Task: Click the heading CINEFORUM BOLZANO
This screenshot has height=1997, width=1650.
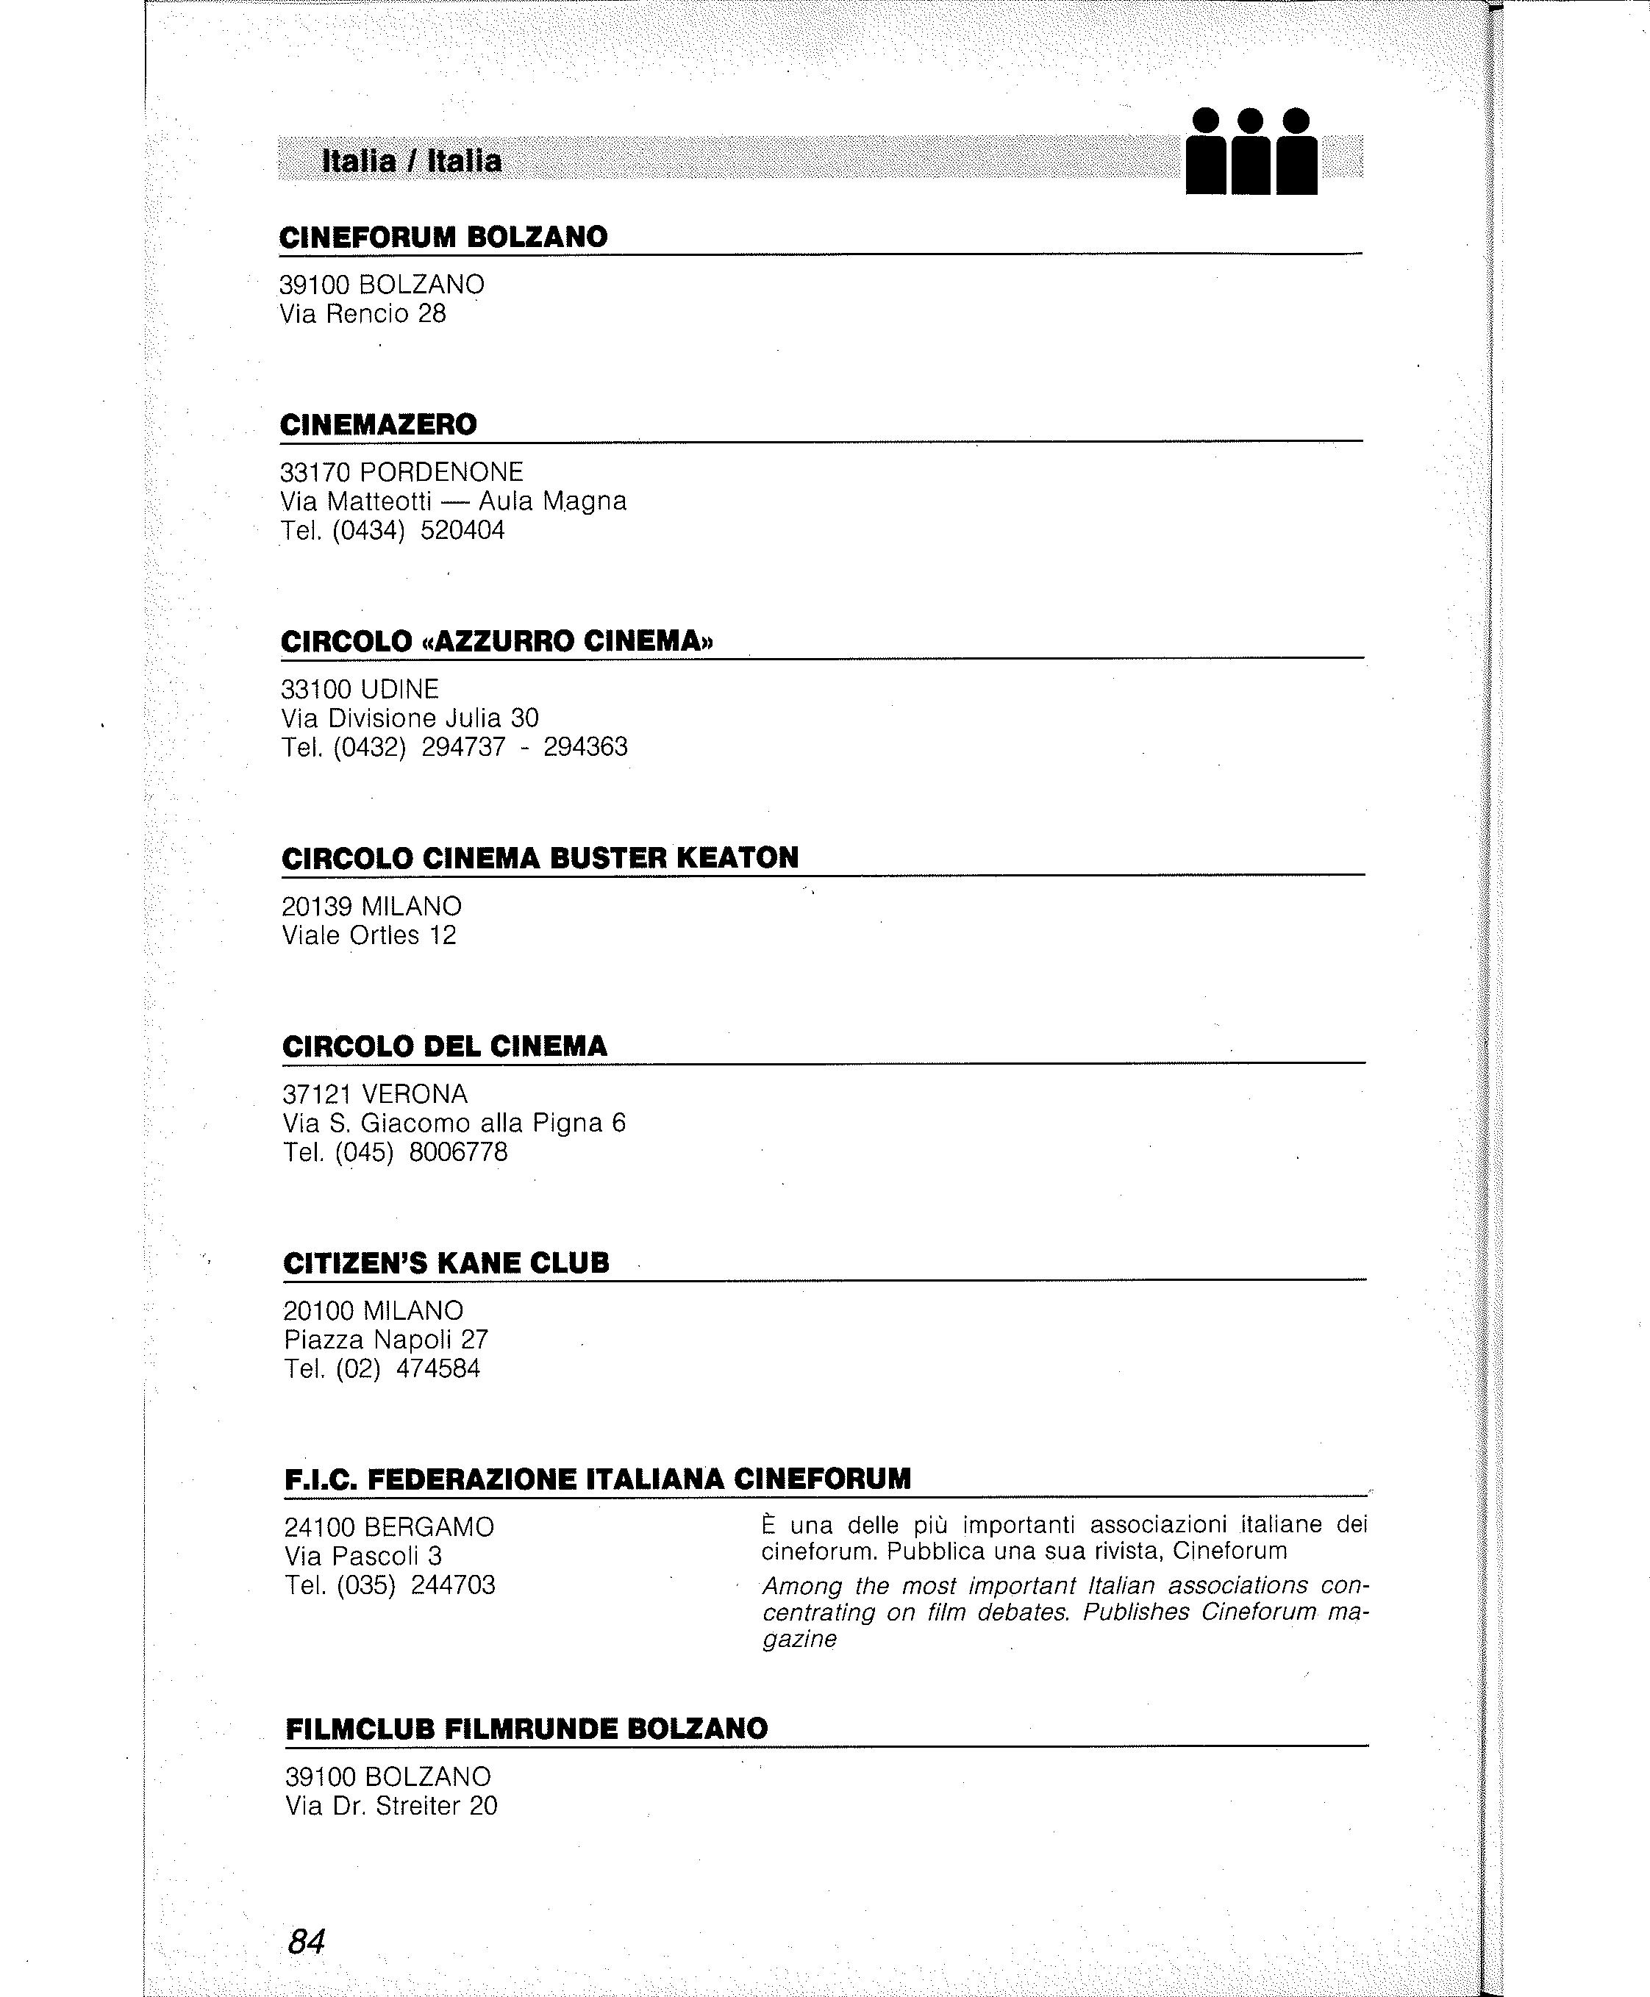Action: click(443, 237)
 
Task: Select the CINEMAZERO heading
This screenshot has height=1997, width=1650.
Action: click(378, 424)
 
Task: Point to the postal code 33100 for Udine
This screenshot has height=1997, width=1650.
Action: click(318, 689)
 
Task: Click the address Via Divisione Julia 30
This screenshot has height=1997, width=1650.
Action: click(410, 718)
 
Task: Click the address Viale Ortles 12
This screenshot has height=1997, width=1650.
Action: click(369, 935)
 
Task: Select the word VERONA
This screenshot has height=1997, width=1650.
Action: click(415, 1094)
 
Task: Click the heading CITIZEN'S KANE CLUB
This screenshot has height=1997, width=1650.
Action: click(446, 1263)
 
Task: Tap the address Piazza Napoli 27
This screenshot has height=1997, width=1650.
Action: click(386, 1340)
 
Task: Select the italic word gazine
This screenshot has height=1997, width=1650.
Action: click(799, 1640)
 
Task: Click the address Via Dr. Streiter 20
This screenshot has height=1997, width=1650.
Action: click(390, 1806)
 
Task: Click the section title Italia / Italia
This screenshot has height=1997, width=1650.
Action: click(412, 160)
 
